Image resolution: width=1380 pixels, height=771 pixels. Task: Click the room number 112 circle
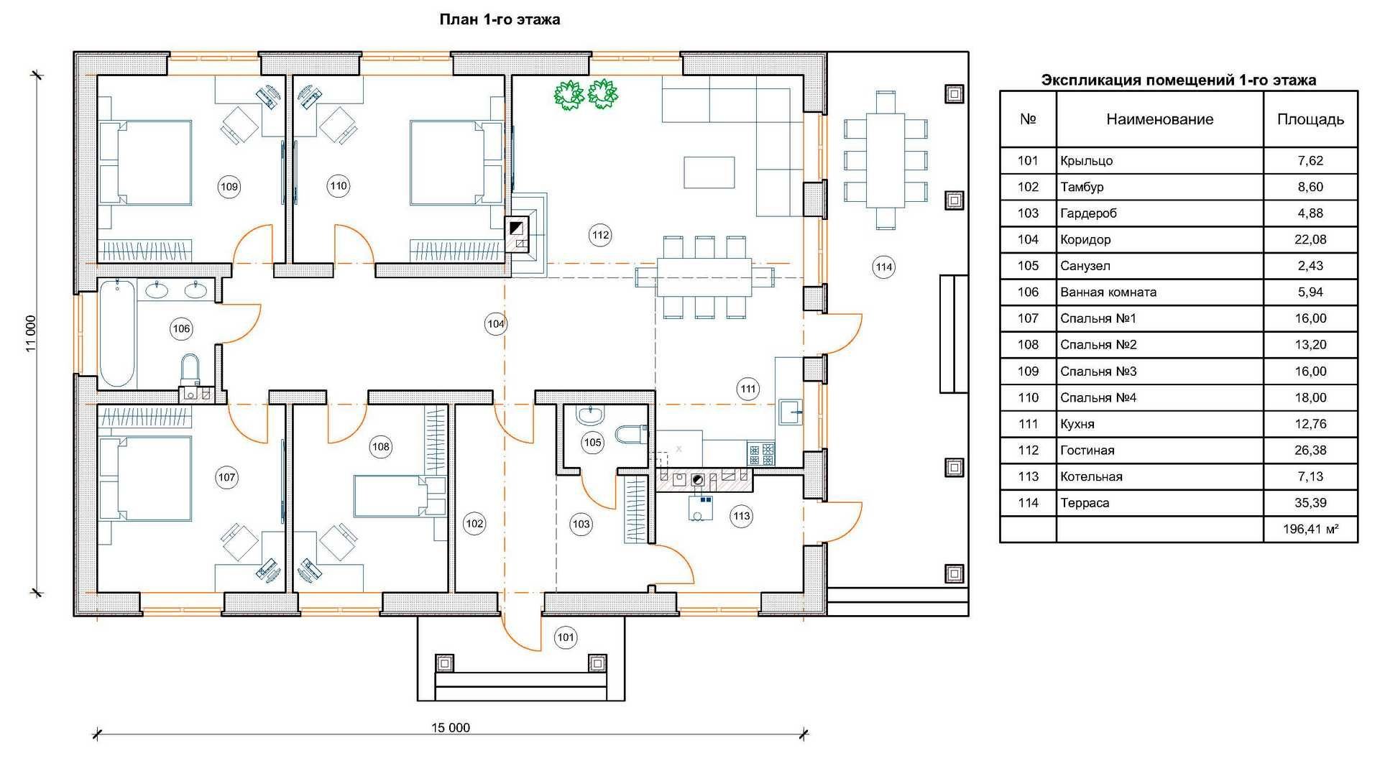click(600, 234)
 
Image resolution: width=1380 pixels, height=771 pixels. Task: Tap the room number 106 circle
click(181, 329)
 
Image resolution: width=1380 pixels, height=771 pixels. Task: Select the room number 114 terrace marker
click(884, 267)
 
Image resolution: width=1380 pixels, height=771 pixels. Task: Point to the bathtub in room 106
click(116, 334)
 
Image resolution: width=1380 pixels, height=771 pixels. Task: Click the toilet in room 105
click(631, 435)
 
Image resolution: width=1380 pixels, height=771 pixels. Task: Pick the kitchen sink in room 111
click(790, 412)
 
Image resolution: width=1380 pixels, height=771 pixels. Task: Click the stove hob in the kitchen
click(761, 454)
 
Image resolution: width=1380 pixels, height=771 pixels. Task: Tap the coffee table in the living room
click(709, 172)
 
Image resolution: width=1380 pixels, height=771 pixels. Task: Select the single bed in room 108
click(399, 496)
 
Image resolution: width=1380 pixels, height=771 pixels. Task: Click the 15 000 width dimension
click(451, 728)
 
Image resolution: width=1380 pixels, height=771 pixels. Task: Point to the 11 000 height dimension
click(30, 333)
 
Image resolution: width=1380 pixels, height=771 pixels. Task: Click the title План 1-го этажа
click(500, 19)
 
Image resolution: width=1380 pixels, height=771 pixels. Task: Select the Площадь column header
click(1310, 119)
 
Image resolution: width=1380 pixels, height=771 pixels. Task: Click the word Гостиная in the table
click(1087, 451)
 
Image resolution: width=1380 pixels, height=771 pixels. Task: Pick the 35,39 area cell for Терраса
click(1310, 503)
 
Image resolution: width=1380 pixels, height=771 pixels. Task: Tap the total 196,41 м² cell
click(1310, 530)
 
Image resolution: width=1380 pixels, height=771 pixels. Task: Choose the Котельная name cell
click(1091, 476)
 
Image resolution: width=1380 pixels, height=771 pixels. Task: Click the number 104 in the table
click(1028, 239)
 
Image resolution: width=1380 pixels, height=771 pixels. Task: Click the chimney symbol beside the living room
click(517, 228)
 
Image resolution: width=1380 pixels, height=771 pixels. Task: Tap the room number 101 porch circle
click(566, 637)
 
